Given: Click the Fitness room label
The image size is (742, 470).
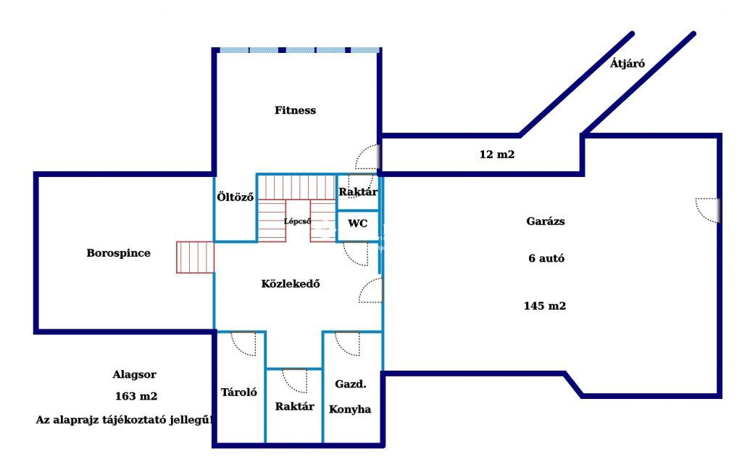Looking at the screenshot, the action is click(x=296, y=110).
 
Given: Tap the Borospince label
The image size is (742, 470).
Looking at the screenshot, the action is click(x=118, y=253).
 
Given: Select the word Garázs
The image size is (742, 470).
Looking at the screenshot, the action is click(x=546, y=221).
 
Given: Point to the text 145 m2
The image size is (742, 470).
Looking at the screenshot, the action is click(x=545, y=306).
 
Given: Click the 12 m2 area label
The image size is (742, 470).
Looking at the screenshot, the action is click(x=497, y=154).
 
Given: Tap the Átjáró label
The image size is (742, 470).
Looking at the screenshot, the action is click(x=628, y=63).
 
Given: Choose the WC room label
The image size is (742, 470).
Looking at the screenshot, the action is click(x=358, y=223).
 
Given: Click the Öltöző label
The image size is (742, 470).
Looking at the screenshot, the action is click(x=235, y=197).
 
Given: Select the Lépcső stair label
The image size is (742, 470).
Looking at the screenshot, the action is click(x=298, y=221).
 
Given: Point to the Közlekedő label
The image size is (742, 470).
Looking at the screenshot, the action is click(x=291, y=284).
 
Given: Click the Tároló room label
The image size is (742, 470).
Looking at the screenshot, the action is click(x=239, y=392).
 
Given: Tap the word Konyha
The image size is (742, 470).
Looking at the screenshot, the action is click(x=350, y=409).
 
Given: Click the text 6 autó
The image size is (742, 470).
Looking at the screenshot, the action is click(x=546, y=259).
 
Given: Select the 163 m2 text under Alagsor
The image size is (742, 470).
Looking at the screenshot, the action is click(x=136, y=396).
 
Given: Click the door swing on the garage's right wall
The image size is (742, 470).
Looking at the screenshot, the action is click(x=708, y=210).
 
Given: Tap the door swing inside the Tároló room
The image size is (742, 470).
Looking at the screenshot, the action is click(x=243, y=344).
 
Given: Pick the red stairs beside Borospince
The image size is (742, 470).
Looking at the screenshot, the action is click(x=196, y=257).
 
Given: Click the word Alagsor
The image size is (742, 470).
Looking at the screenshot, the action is click(x=134, y=375).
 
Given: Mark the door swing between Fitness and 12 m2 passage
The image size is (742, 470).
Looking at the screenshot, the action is click(x=367, y=157).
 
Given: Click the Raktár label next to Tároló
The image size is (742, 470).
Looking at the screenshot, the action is click(x=294, y=406).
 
